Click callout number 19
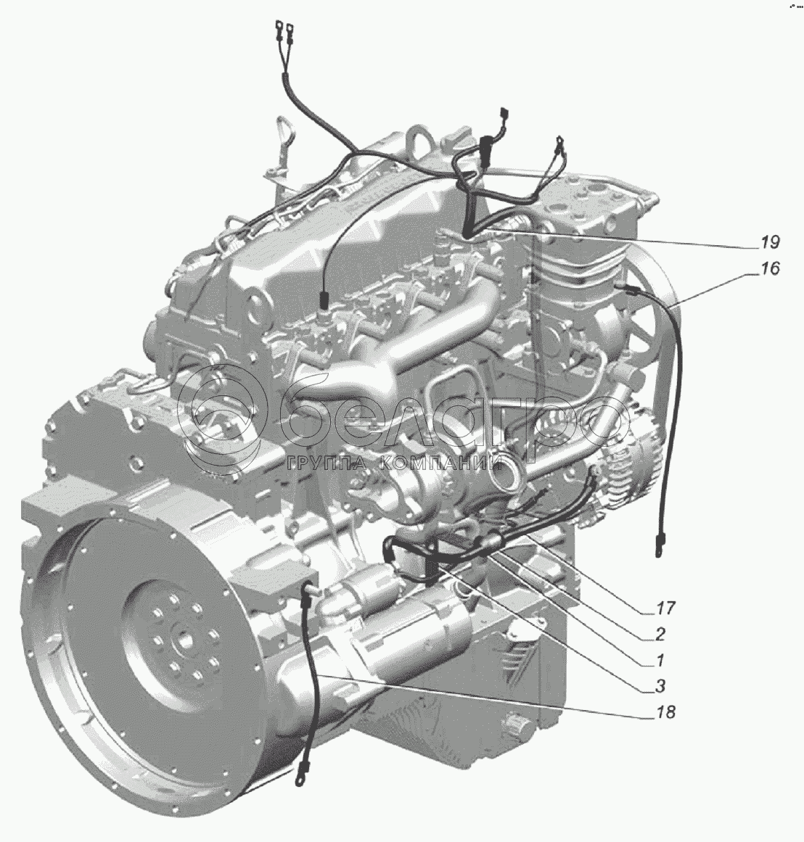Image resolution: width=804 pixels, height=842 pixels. click(770, 242)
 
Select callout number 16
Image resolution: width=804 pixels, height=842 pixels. click(770, 268)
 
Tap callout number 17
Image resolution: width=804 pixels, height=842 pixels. click(664, 608)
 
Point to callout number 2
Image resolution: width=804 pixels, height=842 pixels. click(660, 634)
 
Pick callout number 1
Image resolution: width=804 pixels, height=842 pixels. click(660, 659)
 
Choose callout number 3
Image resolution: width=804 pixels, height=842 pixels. click(660, 686)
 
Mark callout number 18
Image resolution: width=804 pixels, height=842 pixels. click(664, 712)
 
